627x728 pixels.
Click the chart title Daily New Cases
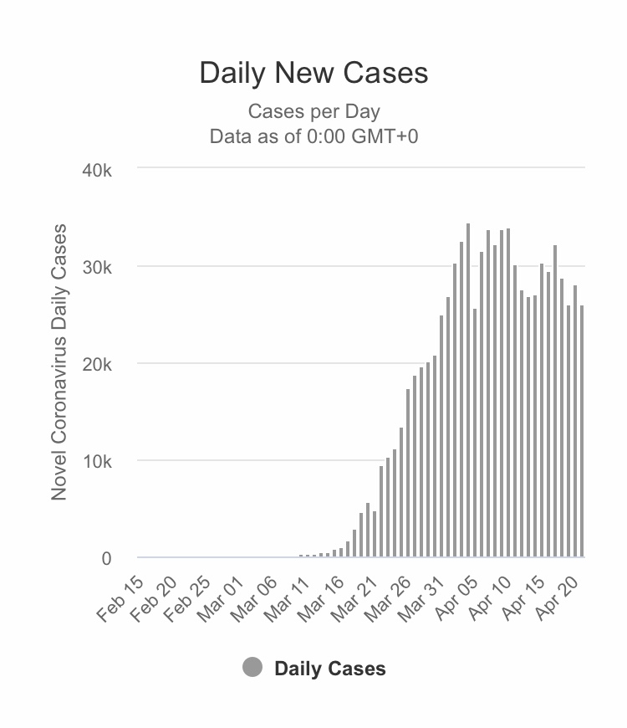[x=313, y=73]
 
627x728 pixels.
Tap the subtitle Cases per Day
[x=313, y=111]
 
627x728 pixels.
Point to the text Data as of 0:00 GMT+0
[x=313, y=136]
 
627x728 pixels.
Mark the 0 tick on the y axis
[x=106, y=558]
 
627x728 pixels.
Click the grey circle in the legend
[x=252, y=668]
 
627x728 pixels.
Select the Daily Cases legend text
[x=330, y=669]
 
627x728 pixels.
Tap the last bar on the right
[x=582, y=431]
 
